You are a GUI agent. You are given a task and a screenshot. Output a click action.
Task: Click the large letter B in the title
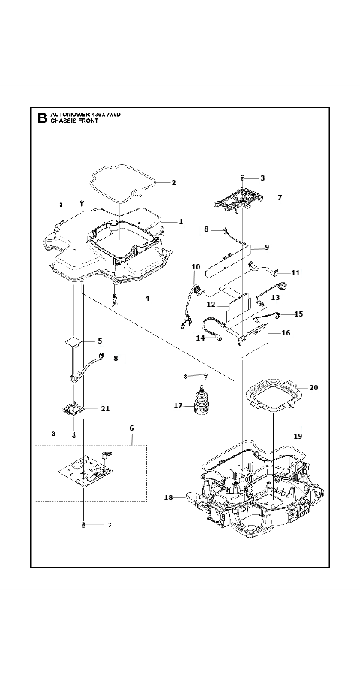coord(42,118)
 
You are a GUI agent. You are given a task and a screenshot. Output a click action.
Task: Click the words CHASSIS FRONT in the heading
coord(74,121)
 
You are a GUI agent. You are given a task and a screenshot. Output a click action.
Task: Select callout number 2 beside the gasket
coord(173,182)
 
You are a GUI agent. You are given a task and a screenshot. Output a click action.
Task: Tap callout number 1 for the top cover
coord(181,222)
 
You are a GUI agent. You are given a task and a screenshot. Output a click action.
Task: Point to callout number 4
coord(147,298)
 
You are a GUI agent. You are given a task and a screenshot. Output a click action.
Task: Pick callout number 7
coord(280,197)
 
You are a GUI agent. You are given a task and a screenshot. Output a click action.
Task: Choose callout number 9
coord(267,247)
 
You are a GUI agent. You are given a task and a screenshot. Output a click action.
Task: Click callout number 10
coord(196,267)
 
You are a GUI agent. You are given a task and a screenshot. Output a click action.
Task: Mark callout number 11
coord(295,272)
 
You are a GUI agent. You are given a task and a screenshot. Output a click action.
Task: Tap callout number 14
coord(200,338)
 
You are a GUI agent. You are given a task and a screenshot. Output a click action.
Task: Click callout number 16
coord(286,333)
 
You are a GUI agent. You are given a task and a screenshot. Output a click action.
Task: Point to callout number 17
coord(178,406)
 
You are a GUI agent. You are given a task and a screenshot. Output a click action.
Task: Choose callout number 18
coord(168,498)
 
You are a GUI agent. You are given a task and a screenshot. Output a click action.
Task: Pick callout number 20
coord(314,388)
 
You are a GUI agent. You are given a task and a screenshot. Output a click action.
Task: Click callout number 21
coord(105,409)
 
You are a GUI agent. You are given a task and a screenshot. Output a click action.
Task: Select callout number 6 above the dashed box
coord(131,428)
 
